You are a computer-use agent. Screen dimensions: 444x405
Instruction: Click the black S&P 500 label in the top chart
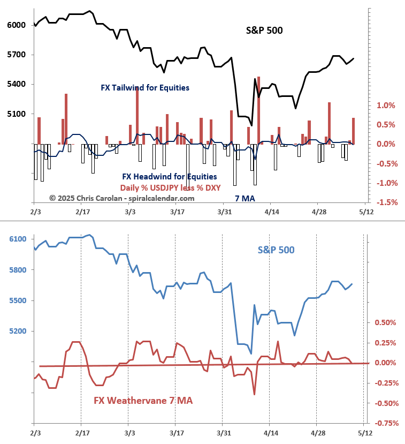(264, 31)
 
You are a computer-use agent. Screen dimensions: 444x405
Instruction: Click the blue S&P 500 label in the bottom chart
(276, 250)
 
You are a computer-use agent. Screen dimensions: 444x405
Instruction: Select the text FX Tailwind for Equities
(145, 87)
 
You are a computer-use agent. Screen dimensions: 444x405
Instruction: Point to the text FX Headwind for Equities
(170, 176)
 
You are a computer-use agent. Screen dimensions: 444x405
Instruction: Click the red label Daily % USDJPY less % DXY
(170, 187)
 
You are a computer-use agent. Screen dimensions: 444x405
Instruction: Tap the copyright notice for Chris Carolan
(122, 198)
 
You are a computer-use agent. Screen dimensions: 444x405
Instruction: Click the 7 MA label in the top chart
(245, 199)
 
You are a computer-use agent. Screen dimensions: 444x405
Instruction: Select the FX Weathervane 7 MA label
(143, 401)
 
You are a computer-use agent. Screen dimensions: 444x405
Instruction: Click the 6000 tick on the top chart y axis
(16, 25)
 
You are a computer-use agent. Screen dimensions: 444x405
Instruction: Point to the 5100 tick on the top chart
(16, 114)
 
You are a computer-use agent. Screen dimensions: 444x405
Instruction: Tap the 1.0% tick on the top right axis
(385, 106)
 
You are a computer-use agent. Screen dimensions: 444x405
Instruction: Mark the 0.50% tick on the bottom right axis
(385, 323)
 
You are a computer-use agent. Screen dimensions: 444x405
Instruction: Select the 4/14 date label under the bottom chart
(270, 433)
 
